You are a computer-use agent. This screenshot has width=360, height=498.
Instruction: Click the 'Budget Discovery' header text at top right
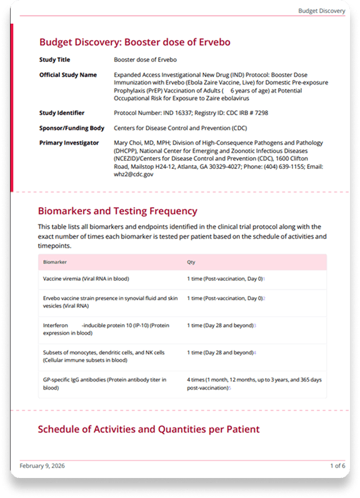(x=321, y=11)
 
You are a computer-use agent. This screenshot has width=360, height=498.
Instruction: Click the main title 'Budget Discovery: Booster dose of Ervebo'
(x=135, y=42)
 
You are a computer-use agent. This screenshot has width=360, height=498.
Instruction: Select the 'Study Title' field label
(x=56, y=61)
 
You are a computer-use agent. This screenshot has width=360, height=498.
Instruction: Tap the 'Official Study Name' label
(x=68, y=74)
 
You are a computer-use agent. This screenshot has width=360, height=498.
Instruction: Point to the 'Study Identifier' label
(x=62, y=113)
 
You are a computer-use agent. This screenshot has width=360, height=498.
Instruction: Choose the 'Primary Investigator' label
(x=69, y=143)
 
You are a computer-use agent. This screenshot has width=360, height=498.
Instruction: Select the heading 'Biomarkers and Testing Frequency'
(x=117, y=211)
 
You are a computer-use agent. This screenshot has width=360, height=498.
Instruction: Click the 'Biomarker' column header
(x=55, y=262)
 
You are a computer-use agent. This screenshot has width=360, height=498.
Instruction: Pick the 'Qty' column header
(x=191, y=262)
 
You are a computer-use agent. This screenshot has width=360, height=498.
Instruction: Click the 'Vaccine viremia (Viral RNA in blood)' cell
(x=86, y=278)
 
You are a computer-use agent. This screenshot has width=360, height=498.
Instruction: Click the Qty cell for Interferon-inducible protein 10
(x=221, y=325)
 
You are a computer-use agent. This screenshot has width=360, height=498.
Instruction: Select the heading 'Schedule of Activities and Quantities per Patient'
(x=149, y=429)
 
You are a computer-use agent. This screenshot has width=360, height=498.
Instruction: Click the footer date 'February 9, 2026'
(x=42, y=466)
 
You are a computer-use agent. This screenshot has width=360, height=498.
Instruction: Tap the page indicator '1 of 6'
(x=337, y=466)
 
